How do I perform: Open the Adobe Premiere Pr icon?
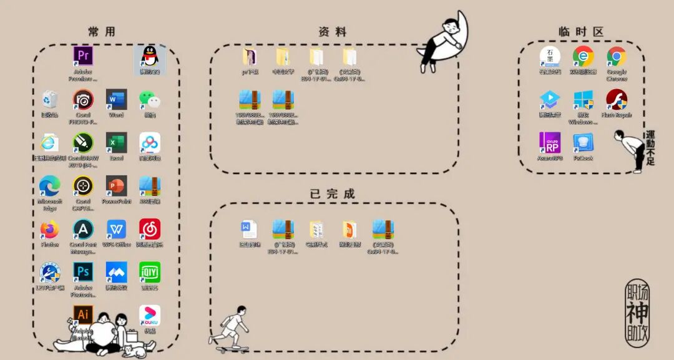(83, 56)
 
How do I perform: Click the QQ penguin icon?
(150, 57)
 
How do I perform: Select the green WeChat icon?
(150, 99)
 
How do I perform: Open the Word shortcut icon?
(116, 99)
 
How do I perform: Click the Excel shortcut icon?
(116, 143)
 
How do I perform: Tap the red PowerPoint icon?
(116, 186)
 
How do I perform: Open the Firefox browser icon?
(50, 230)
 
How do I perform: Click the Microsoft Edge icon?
(50, 186)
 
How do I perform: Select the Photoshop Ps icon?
(83, 272)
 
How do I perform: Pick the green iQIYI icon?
(150, 272)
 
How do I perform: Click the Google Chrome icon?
(617, 57)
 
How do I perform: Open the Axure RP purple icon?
(550, 143)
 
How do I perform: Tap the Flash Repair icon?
(617, 100)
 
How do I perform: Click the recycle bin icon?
(50, 99)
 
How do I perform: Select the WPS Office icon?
(116, 230)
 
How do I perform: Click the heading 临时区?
(581, 32)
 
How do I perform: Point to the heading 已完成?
(332, 194)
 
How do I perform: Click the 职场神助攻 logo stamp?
(637, 313)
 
